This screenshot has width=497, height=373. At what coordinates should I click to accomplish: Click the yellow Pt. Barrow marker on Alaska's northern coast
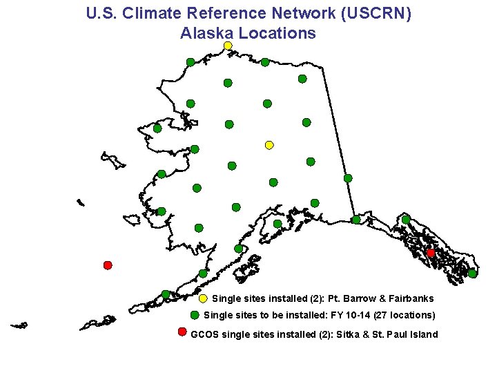click(x=228, y=46)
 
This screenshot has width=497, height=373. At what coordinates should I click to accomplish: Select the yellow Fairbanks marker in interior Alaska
click(x=269, y=145)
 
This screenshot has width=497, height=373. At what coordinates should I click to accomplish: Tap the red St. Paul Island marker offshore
click(x=108, y=265)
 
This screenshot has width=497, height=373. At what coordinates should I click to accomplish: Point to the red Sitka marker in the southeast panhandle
click(x=431, y=254)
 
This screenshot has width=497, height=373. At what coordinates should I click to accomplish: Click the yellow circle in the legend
click(x=203, y=299)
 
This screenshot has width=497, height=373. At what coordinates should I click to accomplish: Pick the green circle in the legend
click(x=195, y=315)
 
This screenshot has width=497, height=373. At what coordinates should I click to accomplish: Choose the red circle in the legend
click(x=182, y=332)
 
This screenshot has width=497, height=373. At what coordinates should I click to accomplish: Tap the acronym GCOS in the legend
click(x=204, y=335)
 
